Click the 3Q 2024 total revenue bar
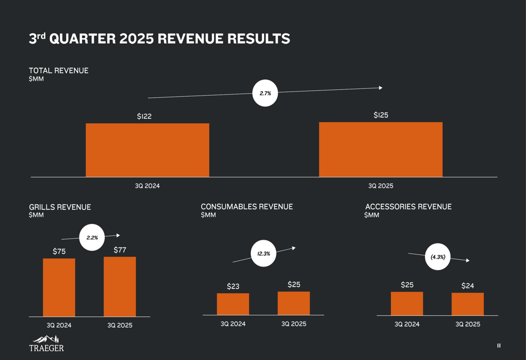click(x=147, y=150)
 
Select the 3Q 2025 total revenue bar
click(x=380, y=150)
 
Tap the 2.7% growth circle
click(x=265, y=93)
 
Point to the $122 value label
click(x=144, y=116)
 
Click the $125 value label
click(x=381, y=115)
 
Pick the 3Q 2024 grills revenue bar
click(x=59, y=287)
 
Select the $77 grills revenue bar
click(x=119, y=286)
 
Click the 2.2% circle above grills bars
click(x=92, y=238)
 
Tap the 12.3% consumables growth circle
click(x=264, y=254)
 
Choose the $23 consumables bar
click(x=233, y=304)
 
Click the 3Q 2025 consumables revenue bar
click(x=294, y=303)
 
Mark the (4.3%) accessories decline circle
click(x=438, y=257)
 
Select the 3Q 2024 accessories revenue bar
click(x=407, y=303)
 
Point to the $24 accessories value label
click(x=468, y=286)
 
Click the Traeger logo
click(x=46, y=343)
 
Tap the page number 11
click(x=499, y=346)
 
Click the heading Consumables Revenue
click(x=247, y=207)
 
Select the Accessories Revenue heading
click(x=408, y=207)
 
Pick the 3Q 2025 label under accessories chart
click(x=468, y=324)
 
